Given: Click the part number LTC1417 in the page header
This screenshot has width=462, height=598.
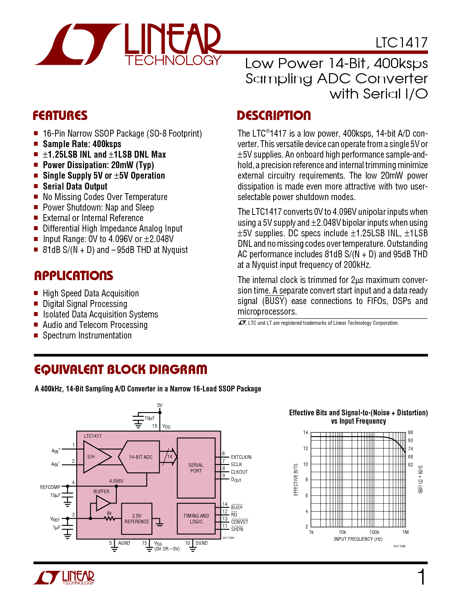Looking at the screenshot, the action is click(x=401, y=43).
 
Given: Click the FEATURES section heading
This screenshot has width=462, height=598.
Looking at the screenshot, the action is click(x=60, y=116).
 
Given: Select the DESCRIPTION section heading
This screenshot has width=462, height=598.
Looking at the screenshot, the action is click(x=274, y=115).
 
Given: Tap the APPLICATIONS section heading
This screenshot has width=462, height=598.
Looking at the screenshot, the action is click(x=74, y=275).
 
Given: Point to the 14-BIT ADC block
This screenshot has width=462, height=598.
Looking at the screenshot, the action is click(x=139, y=457).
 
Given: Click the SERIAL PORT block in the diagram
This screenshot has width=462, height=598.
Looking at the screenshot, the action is click(x=196, y=468).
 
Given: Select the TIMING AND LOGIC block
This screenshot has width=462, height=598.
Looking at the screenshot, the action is click(x=196, y=519).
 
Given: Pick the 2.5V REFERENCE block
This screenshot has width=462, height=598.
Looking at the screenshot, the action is click(x=137, y=519).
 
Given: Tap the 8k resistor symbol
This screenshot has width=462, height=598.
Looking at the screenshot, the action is click(x=109, y=519).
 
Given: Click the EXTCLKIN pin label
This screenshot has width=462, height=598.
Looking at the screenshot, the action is click(x=241, y=457).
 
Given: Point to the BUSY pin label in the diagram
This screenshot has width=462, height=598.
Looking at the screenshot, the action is click(x=237, y=507).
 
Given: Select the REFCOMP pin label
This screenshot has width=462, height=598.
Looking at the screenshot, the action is click(x=50, y=487).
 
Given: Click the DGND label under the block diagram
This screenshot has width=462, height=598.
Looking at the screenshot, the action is click(x=201, y=543).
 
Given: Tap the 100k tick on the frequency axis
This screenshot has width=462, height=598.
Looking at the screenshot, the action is click(x=374, y=532).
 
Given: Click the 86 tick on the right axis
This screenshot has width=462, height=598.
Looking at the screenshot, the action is click(x=411, y=432).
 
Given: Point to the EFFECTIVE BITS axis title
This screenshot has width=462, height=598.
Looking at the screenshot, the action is click(x=296, y=479).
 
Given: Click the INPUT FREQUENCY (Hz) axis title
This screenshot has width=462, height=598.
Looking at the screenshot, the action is click(x=358, y=539).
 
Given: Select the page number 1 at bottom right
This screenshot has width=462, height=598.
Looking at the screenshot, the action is click(x=421, y=577).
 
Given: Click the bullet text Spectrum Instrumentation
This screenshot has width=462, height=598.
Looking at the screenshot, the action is click(x=87, y=336).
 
